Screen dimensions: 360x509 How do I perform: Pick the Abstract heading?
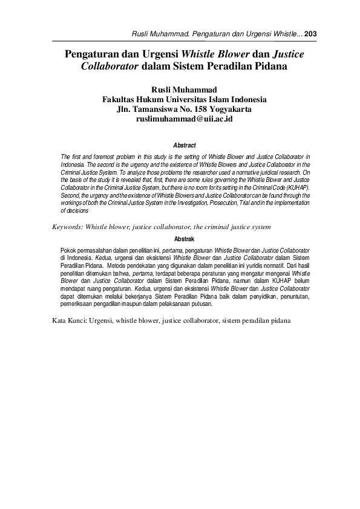(x=184, y=146)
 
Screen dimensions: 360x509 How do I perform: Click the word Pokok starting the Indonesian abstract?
(x=70, y=250)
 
